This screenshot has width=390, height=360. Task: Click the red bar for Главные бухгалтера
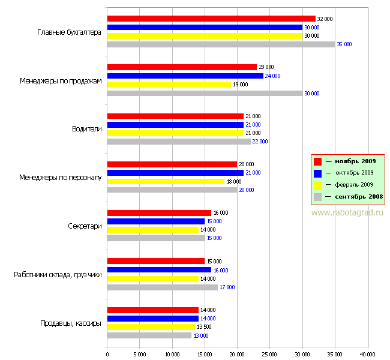coord(211,19)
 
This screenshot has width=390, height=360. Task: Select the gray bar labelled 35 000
coord(221,44)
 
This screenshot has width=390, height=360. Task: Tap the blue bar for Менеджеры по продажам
coord(185,76)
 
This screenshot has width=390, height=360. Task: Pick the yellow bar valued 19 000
coord(169,84)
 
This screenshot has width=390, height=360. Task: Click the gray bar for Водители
coord(179,141)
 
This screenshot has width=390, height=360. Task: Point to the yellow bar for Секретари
coord(153,229)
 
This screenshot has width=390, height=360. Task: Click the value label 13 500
coord(205,327)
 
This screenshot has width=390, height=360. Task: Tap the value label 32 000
coord(325,19)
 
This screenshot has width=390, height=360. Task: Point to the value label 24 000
coord(273,76)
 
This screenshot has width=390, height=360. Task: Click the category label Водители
coord(87,128)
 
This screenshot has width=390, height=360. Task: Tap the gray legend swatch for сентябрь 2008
coord(318,196)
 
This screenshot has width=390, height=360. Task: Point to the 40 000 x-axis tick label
coord(367,353)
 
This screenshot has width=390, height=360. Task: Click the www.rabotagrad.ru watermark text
coord(347,212)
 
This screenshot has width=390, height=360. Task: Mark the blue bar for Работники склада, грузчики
coord(159,270)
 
